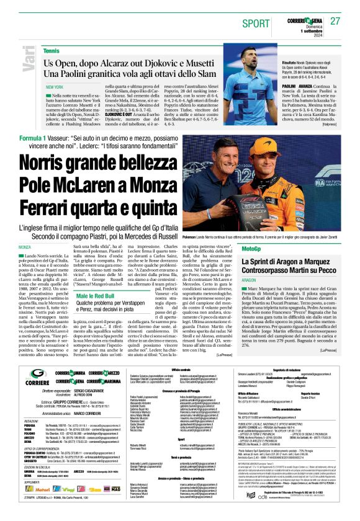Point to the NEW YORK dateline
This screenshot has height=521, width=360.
pos(55,87)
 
